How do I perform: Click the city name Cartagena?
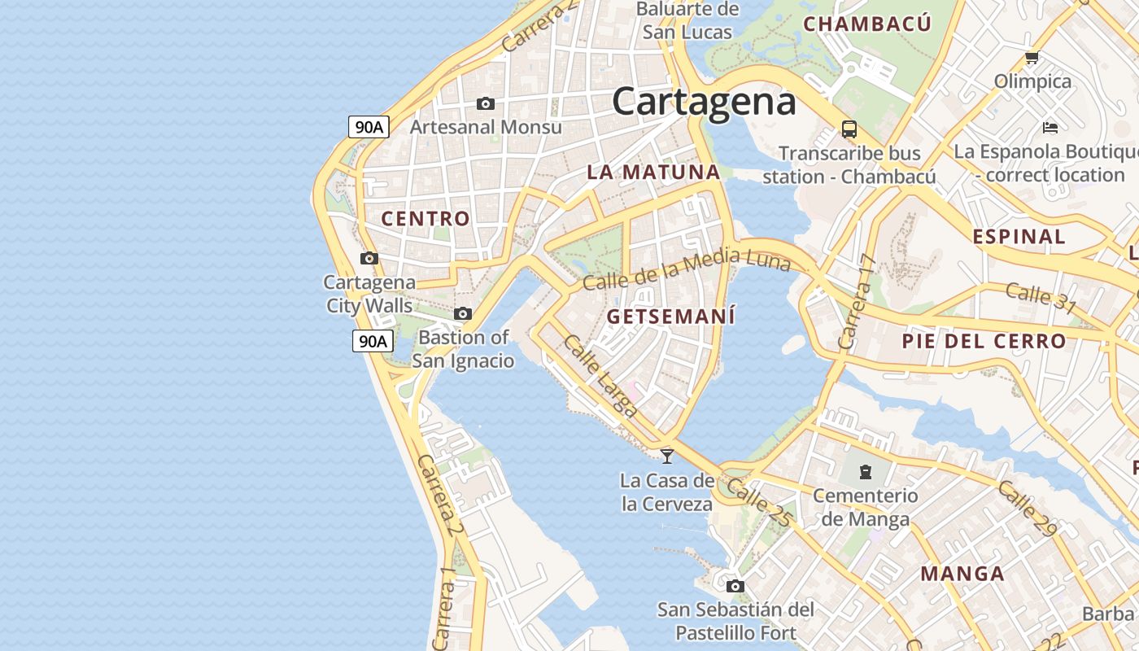click(704, 102)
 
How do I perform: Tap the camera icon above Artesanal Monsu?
click(486, 104)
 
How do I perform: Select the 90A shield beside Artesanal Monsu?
click(369, 127)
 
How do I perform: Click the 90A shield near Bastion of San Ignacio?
click(373, 341)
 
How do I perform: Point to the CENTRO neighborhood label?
click(425, 218)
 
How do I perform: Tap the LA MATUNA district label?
click(653, 172)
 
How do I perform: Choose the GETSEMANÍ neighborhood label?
click(671, 317)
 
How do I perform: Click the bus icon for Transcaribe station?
click(849, 129)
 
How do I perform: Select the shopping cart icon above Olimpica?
click(1032, 57)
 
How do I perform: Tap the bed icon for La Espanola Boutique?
click(1050, 128)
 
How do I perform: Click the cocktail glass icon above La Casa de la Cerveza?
click(667, 456)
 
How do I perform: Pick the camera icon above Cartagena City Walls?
click(369, 259)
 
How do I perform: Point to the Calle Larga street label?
click(600, 376)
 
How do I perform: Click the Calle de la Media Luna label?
click(687, 271)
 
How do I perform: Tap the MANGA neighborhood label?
click(962, 573)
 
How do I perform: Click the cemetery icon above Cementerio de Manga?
click(865, 470)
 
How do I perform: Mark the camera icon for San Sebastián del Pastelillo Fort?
click(735, 586)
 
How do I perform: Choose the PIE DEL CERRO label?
click(984, 341)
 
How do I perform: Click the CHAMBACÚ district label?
click(867, 24)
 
